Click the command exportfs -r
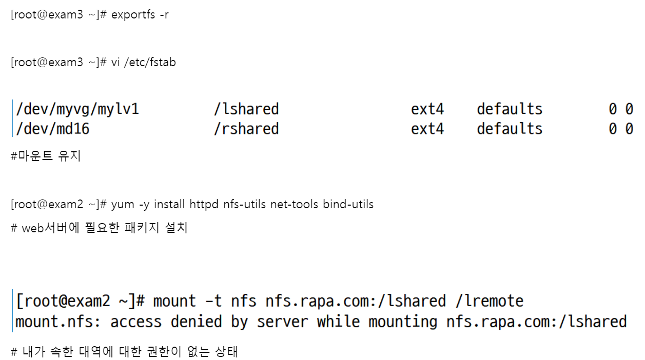tap(140, 15)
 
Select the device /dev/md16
tap(52, 128)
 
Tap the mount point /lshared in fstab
tap(246, 109)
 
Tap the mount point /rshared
tap(246, 128)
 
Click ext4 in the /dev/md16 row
tap(427, 128)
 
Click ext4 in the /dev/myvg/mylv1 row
tap(427, 109)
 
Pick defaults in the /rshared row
tap(509, 128)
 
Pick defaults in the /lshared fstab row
tap(509, 109)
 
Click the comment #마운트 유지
tap(46, 156)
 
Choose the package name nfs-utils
tap(244, 205)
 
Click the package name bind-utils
tap(348, 205)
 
